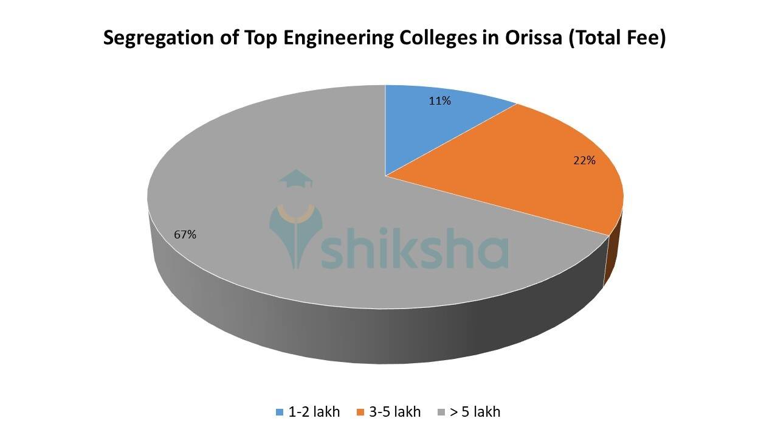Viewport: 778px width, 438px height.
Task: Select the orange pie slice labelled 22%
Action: coord(535,176)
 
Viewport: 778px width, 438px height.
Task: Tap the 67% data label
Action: coord(185,234)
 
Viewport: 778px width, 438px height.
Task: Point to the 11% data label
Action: coord(439,101)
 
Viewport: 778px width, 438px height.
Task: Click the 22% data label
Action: coord(584,161)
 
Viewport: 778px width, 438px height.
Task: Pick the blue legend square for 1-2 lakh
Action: coord(280,412)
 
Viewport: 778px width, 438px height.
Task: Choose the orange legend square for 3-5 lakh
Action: coord(360,412)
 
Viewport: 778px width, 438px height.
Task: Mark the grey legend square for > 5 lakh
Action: coord(442,412)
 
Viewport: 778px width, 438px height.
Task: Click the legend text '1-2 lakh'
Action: coord(315,412)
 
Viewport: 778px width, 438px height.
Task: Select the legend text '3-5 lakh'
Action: coord(395,412)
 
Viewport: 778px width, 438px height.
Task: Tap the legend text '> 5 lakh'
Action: coord(475,412)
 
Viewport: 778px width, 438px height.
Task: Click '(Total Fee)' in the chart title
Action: coord(621,38)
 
